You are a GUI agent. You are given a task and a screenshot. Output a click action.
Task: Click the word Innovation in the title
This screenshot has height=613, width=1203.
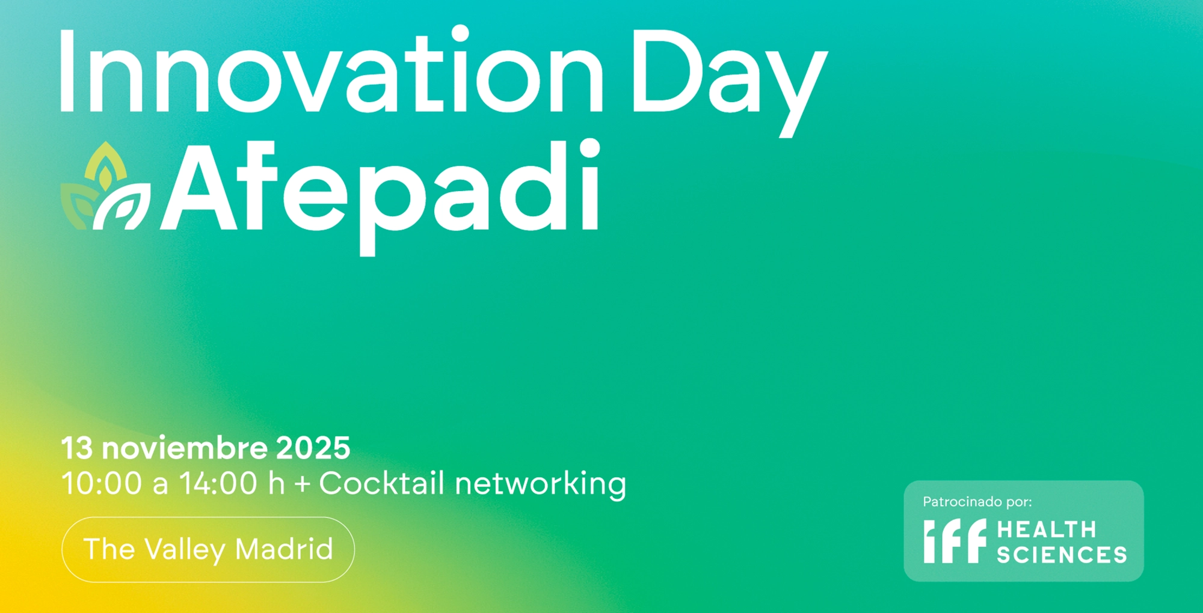click(331, 71)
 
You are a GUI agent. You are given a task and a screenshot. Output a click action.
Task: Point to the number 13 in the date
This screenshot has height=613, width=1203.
click(77, 448)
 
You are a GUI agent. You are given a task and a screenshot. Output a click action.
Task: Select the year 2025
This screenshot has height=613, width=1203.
click(313, 448)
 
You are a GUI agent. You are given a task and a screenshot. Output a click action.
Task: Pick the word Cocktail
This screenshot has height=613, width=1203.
click(382, 483)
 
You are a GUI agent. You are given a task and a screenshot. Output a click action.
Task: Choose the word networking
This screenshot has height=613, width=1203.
click(541, 484)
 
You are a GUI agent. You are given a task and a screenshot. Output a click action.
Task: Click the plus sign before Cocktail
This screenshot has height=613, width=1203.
click(302, 484)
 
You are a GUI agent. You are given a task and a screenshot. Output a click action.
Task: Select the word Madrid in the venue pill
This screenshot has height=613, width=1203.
click(284, 549)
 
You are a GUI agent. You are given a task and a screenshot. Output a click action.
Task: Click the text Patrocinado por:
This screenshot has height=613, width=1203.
click(977, 502)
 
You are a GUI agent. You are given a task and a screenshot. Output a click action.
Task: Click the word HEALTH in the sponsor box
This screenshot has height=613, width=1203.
click(1047, 529)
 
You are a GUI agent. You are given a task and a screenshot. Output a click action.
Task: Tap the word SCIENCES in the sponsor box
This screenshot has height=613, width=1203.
click(1062, 554)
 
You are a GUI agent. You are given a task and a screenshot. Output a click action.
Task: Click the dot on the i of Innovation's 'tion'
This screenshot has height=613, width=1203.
click(460, 34)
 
